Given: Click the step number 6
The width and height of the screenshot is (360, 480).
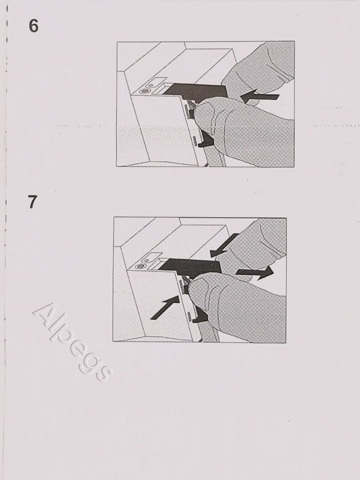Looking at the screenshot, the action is [x=34, y=26].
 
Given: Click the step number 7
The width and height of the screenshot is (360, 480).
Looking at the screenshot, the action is [x=33, y=202].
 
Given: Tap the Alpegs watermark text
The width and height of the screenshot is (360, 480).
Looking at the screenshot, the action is [x=72, y=342].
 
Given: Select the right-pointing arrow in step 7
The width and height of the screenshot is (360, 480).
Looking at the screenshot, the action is [x=254, y=272].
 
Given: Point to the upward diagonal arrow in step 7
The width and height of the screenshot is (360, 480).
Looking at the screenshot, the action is [x=165, y=307].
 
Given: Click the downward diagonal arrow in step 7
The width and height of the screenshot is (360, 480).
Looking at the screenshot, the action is [x=224, y=245].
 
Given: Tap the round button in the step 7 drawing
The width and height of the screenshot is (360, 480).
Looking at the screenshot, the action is [x=140, y=266].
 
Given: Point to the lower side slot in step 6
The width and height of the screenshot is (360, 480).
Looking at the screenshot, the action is [x=195, y=141].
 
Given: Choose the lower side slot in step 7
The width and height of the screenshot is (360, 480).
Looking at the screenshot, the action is [x=190, y=316].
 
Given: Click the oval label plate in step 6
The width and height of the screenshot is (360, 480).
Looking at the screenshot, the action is [x=155, y=83].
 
